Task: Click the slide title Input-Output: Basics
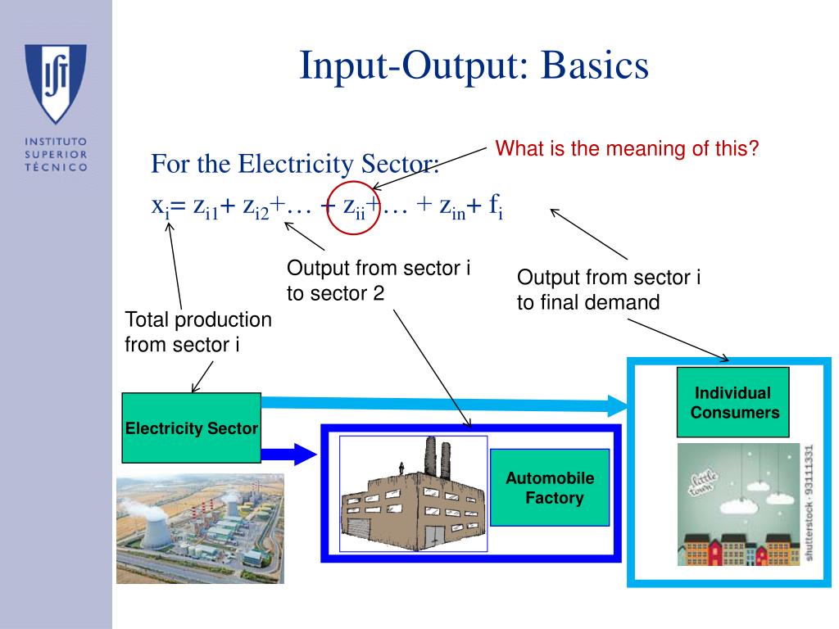coord(474,66)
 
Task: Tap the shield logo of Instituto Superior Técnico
coord(55,82)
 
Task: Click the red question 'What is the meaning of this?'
coord(628,149)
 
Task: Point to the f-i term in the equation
coord(496,208)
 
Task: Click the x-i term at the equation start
coord(160,208)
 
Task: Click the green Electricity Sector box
coord(191,428)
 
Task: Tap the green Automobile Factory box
coord(550,487)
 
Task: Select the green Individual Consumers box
coord(734,403)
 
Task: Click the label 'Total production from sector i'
coord(197,332)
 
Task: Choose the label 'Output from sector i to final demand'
coord(609,289)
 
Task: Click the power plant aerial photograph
coord(200,528)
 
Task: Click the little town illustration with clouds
coord(738,505)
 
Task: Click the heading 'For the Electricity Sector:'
coord(295,165)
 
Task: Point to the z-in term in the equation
coord(448,209)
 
